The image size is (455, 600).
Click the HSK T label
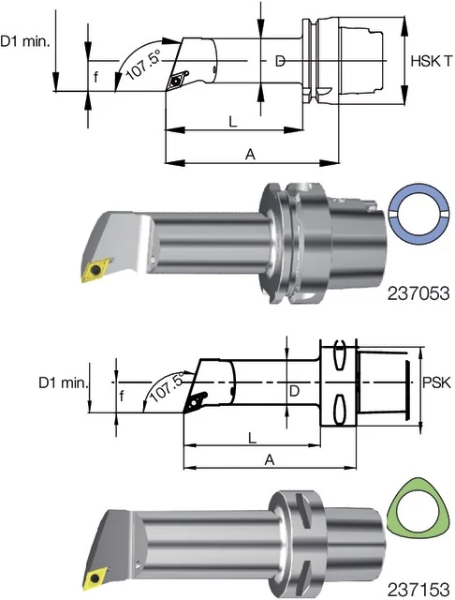click(432, 61)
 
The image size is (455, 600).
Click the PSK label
click(436, 382)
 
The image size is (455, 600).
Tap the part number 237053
click(418, 293)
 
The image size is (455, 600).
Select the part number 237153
click(418, 591)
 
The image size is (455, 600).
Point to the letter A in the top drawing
click(250, 155)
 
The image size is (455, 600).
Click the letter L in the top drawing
click(233, 122)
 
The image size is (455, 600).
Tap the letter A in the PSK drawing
click(270, 459)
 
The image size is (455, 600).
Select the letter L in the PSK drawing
click(252, 438)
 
